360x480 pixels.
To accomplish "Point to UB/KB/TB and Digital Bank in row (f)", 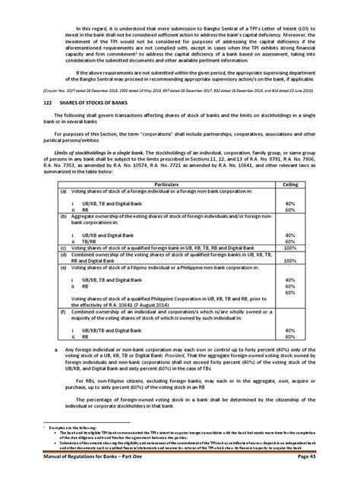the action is coord(99,330).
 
